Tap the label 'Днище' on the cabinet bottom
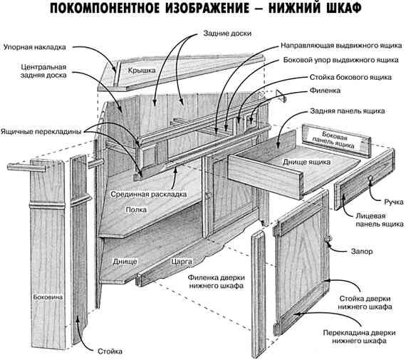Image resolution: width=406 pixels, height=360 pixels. tap(125, 262)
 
